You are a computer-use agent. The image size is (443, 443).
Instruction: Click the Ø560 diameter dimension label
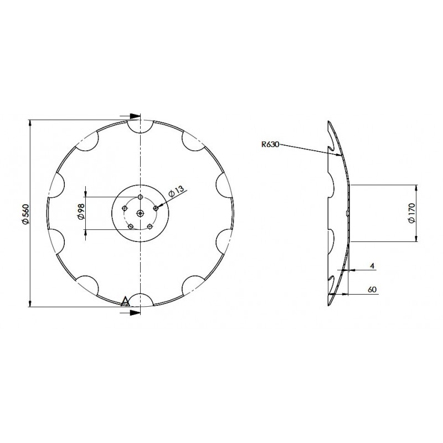(x=25, y=214)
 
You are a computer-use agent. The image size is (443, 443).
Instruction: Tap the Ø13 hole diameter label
(x=176, y=191)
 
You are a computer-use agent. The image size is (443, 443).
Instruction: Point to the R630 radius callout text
(x=270, y=145)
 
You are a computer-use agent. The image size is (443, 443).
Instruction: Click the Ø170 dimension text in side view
(x=411, y=213)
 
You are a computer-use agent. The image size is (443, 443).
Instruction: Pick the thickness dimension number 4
(x=372, y=266)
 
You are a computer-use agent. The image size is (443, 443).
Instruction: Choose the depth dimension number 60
(x=372, y=290)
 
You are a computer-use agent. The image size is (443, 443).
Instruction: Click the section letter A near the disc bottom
(x=125, y=301)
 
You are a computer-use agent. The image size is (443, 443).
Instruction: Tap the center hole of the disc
(x=140, y=214)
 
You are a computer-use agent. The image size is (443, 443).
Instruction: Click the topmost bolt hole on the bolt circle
(x=140, y=197)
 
